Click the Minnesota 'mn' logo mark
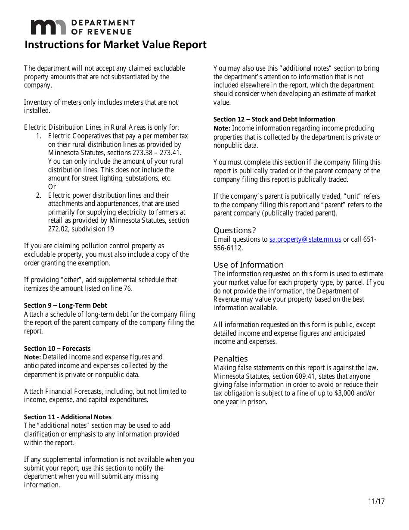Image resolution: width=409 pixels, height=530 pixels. coord(48,27)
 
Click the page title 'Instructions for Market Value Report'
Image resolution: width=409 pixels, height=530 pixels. coord(115,45)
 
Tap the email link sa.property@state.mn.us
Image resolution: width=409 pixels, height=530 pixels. coord(305,240)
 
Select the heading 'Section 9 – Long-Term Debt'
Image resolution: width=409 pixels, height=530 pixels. coord(65,306)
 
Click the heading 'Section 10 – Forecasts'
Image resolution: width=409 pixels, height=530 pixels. coord(57,349)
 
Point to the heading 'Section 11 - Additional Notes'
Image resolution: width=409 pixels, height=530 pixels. coord(68,417)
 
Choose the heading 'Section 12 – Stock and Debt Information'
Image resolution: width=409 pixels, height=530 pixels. coord(274,119)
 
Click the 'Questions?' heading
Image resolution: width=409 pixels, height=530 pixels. coord(235,231)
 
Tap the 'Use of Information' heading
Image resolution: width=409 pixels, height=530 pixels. coord(248,265)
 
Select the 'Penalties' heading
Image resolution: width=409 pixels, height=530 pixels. coord(231,359)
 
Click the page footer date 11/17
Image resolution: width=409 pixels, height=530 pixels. coord(376,501)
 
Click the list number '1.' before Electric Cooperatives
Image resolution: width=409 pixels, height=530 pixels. coord(39,136)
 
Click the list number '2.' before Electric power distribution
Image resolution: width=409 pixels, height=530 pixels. coord(39,196)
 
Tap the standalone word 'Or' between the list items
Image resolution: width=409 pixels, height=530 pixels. coord(52,187)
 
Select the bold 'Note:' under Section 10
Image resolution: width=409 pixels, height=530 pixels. coord(32,357)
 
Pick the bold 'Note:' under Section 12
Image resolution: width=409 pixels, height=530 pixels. coord(222,128)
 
